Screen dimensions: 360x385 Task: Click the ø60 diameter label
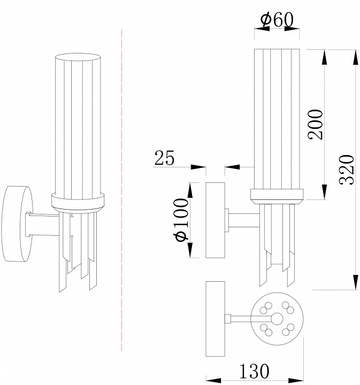pos(277,20)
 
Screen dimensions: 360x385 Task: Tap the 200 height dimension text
pos(315,125)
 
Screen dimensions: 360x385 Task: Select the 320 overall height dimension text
pos(347,170)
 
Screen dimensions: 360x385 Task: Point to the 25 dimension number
pos(164,157)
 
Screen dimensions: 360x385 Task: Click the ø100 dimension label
pos(181,220)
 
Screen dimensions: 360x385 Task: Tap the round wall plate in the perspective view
pos(17,224)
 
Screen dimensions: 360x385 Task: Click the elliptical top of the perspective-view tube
pos(78,57)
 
